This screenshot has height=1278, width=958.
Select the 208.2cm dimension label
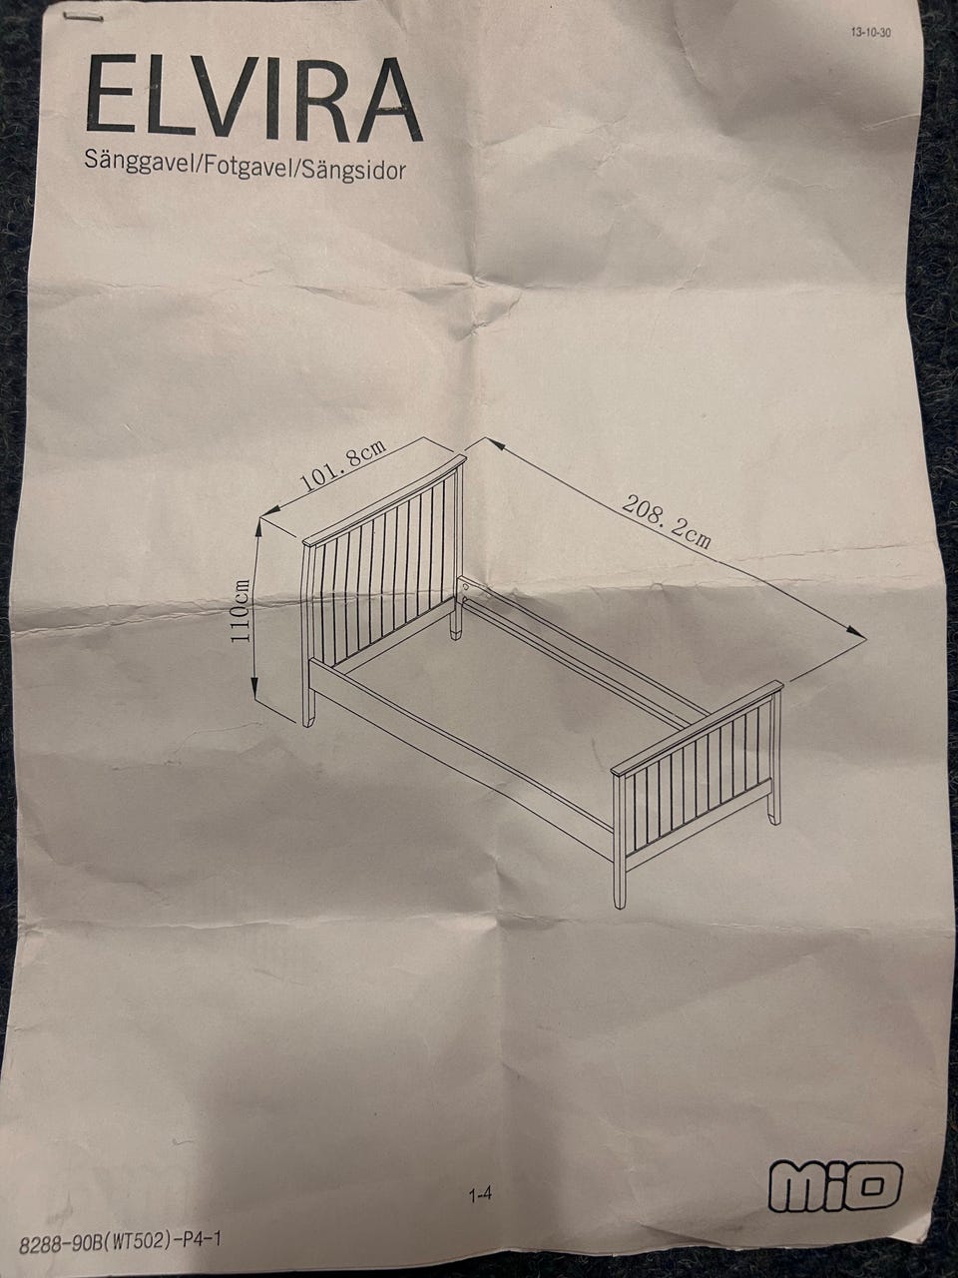point(667,521)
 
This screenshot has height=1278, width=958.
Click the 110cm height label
point(240,610)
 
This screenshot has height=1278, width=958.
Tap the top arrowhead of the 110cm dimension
point(258,528)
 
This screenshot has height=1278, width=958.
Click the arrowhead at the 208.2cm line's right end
point(855,632)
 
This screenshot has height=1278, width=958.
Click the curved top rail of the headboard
point(384,500)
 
